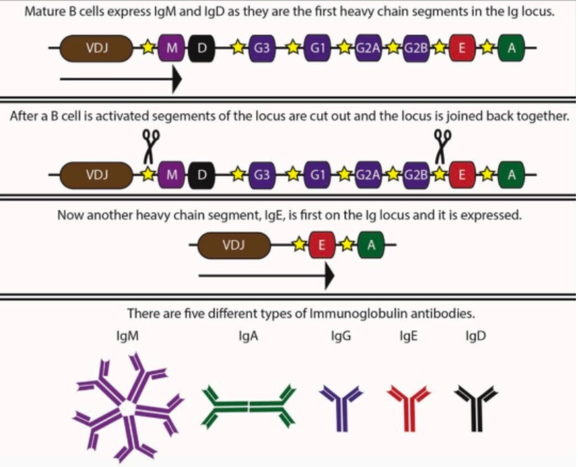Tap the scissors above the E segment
tap(442, 145)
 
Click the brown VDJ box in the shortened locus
tap(235, 245)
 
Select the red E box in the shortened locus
tap(322, 245)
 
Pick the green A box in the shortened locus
tap(370, 245)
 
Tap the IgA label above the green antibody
tap(249, 336)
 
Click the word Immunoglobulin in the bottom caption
tap(348, 313)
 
